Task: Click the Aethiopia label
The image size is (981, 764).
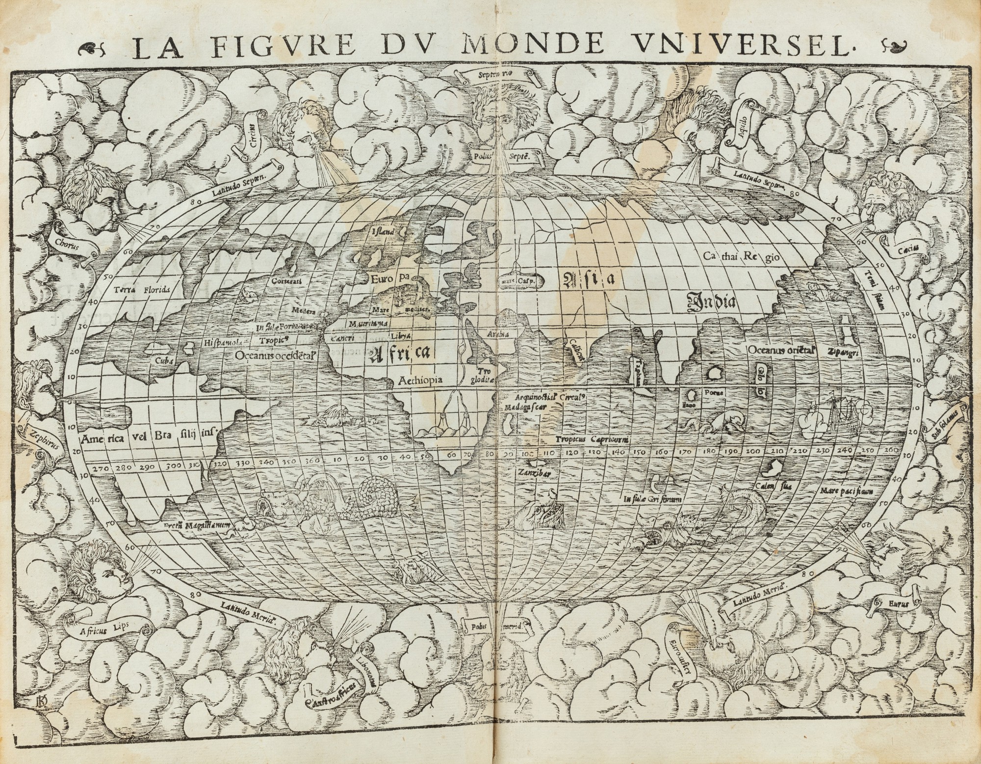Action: pos(421,380)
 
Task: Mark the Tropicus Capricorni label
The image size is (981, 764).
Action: pos(593,439)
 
